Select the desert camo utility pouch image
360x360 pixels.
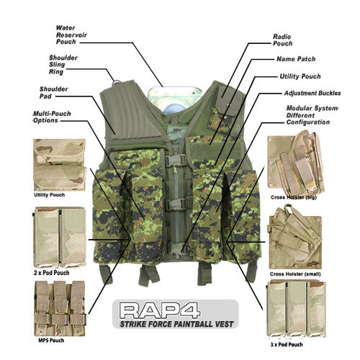coord(59,165)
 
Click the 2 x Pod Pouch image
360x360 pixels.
coord(59,235)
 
